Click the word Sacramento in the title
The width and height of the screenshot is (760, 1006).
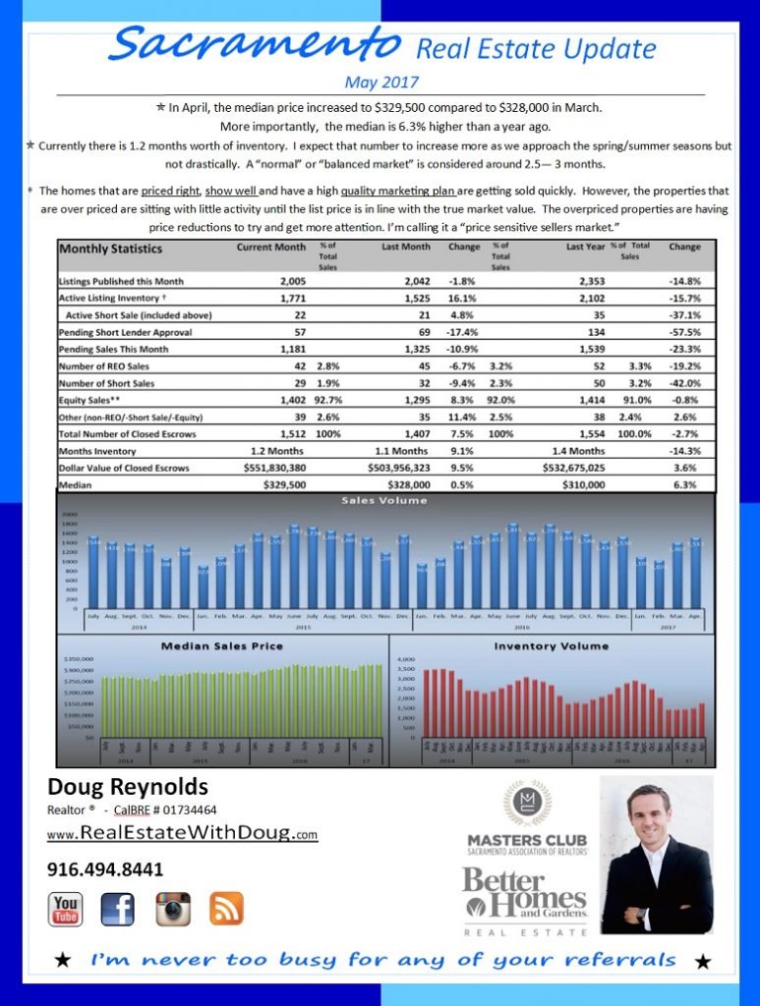coord(256,43)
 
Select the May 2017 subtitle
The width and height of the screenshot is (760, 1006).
coord(381,82)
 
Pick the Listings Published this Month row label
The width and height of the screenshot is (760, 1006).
coord(121,281)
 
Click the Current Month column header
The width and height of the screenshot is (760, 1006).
coord(271,247)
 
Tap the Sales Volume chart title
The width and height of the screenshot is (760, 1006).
coord(384,500)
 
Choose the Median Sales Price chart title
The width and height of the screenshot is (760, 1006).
coord(221,646)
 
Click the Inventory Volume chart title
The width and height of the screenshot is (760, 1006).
coord(551,646)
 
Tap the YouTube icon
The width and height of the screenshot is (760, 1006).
coord(66,909)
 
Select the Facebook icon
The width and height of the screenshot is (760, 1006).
coord(117,909)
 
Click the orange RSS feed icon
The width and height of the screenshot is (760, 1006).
coord(226,909)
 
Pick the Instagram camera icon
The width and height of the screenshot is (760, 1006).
coord(173,909)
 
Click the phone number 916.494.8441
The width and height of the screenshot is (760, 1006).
coord(105,869)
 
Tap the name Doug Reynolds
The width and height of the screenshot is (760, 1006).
coord(127,787)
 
